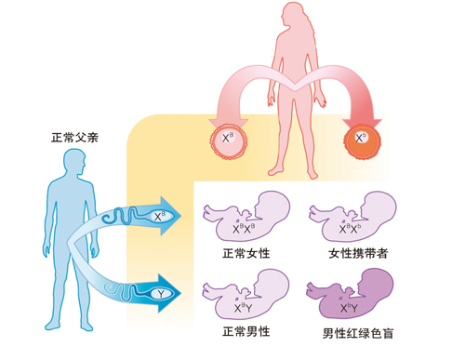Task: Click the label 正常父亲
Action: [73, 138]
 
